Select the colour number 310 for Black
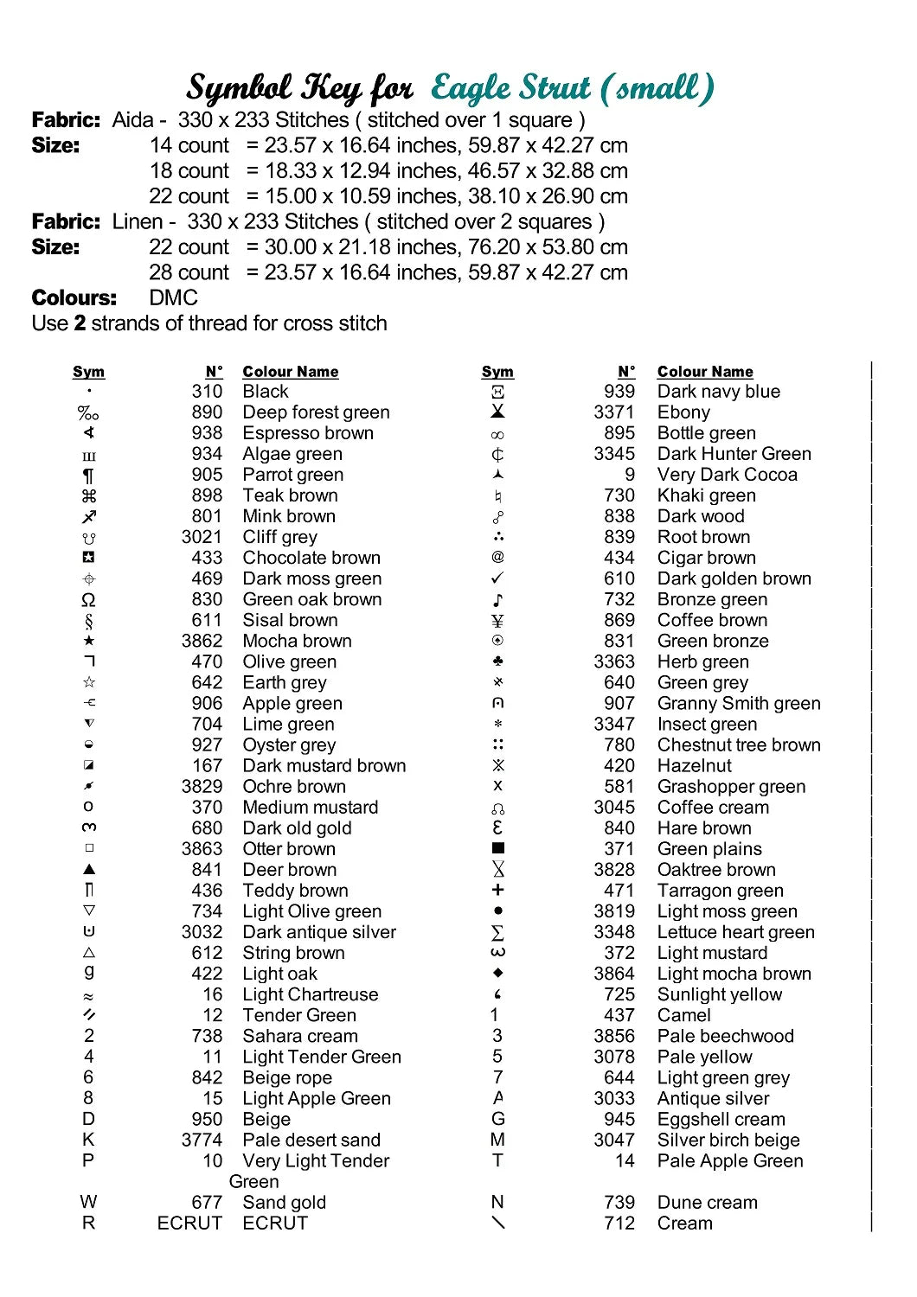[207, 392]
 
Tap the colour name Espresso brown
[308, 433]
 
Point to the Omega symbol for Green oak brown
[88, 600]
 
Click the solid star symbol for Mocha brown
[88, 641]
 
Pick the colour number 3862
[202, 641]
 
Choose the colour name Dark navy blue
[718, 392]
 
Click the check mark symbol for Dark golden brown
[497, 578]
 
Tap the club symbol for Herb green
[497, 661]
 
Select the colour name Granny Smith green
[739, 703]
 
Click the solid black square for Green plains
[497, 849]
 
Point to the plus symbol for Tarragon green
[497, 890]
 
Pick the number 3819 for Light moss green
[614, 911]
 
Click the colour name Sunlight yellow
[719, 994]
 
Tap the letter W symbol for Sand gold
[88, 1202]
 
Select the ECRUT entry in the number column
[189, 1224]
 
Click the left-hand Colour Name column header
[291, 372]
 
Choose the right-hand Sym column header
[497, 372]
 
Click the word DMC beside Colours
[173, 298]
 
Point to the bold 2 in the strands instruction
[80, 323]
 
